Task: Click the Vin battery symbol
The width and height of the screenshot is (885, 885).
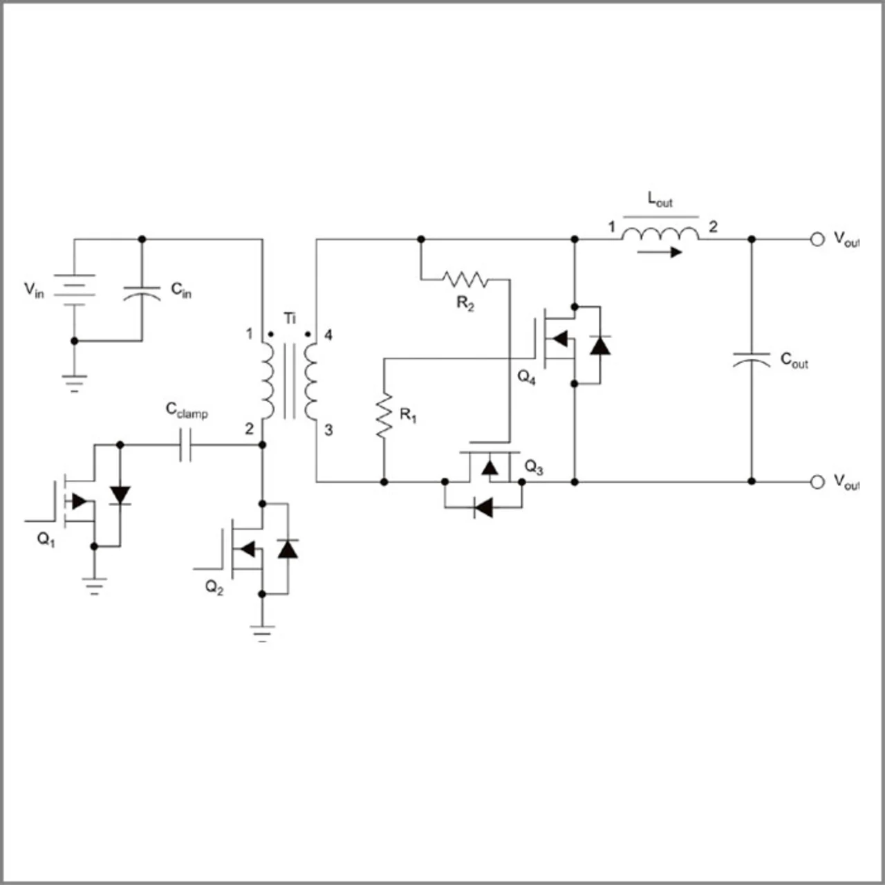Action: [75, 290]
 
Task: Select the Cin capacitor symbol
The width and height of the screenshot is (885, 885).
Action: [142, 294]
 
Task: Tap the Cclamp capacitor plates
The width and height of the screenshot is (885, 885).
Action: [185, 445]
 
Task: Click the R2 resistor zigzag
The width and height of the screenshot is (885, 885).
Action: [465, 279]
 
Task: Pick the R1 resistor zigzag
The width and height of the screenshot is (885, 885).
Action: [384, 415]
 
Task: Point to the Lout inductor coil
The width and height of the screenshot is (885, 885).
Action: [660, 234]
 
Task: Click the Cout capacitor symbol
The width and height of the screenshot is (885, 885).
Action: [752, 360]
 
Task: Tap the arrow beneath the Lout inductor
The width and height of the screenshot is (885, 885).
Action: [659, 252]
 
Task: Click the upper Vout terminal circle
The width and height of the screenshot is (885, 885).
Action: [817, 239]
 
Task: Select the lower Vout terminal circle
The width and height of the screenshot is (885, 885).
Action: [817, 482]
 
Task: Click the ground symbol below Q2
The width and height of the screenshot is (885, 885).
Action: [262, 633]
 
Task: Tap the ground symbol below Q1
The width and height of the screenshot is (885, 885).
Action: [94, 586]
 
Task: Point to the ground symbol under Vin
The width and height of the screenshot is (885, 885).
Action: [75, 384]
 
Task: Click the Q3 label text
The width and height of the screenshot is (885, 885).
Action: [534, 468]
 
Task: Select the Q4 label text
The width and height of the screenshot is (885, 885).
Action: [526, 378]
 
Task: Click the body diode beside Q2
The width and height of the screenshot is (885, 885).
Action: [288, 549]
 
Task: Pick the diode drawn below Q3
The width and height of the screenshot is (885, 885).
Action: [483, 508]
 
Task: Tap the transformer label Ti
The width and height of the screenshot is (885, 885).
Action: [290, 318]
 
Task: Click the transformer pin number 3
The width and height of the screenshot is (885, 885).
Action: [328, 430]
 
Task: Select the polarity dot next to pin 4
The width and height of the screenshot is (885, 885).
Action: [308, 335]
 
